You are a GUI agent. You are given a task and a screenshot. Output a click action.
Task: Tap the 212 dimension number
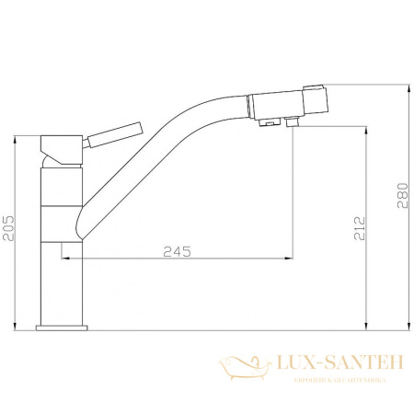pyautogui.click(x=359, y=227)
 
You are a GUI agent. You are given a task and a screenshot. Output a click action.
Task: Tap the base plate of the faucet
pyautogui.click(x=61, y=327)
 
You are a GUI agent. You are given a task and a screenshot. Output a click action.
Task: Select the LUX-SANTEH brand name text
pyautogui.click(x=336, y=365)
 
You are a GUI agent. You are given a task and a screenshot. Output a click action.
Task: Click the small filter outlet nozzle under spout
pyautogui.click(x=293, y=121)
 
